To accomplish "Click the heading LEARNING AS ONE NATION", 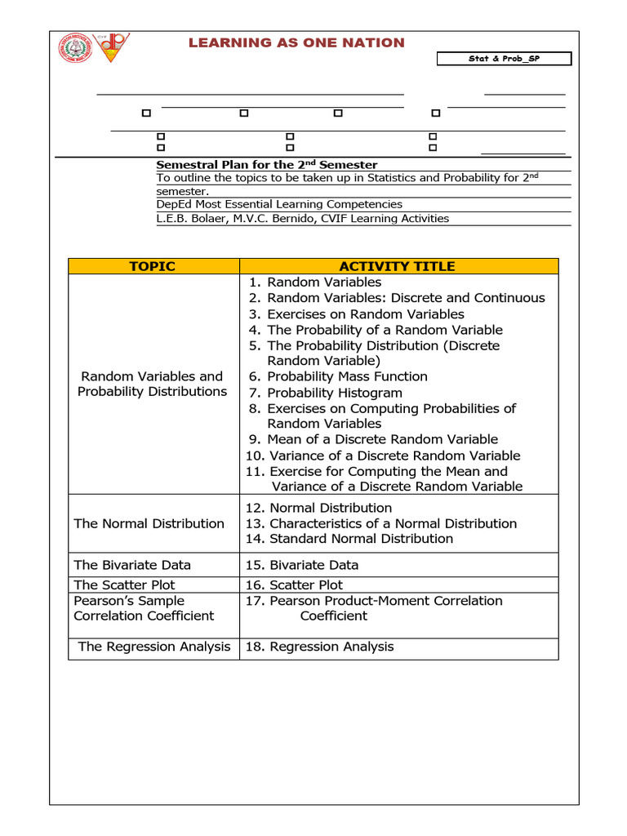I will tap(296, 42).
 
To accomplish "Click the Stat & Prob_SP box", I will tap(504, 59).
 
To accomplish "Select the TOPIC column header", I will tap(153, 266).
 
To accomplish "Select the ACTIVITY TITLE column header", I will tap(398, 266).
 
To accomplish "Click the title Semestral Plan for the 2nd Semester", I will tap(267, 165).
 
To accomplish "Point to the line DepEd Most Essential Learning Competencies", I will tap(279, 204).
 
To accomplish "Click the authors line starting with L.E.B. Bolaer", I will tap(302, 218).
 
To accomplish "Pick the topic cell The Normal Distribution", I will tap(149, 523).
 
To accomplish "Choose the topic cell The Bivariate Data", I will tap(132, 565).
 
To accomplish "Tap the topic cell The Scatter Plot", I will tap(124, 585).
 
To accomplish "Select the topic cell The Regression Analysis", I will tap(154, 647).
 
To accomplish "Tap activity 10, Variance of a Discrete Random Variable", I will tap(382, 456).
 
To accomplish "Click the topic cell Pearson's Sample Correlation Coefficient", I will tap(144, 608).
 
